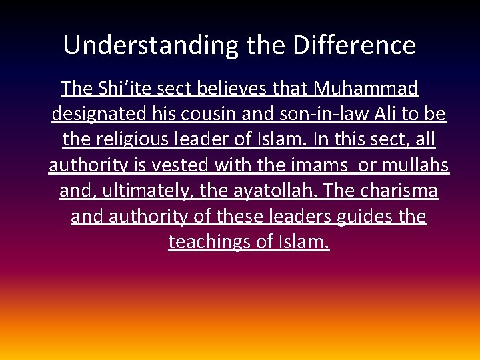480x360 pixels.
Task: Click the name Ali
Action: pyautogui.click(x=392, y=114)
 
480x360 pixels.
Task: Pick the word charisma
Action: pyautogui.click(x=399, y=191)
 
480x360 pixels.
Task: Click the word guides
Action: pyautogui.click(x=361, y=217)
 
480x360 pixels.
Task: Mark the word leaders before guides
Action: pyautogui.click(x=300, y=217)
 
